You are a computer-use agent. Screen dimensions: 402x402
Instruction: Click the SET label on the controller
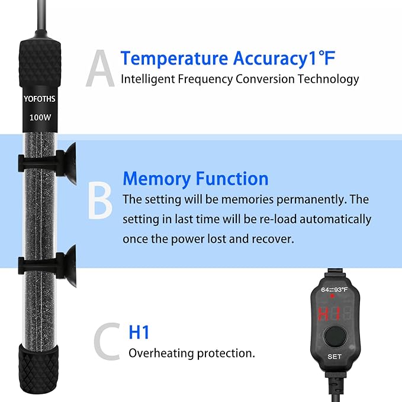point(334,357)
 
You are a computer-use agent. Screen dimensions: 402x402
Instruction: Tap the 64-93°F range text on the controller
point(334,290)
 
